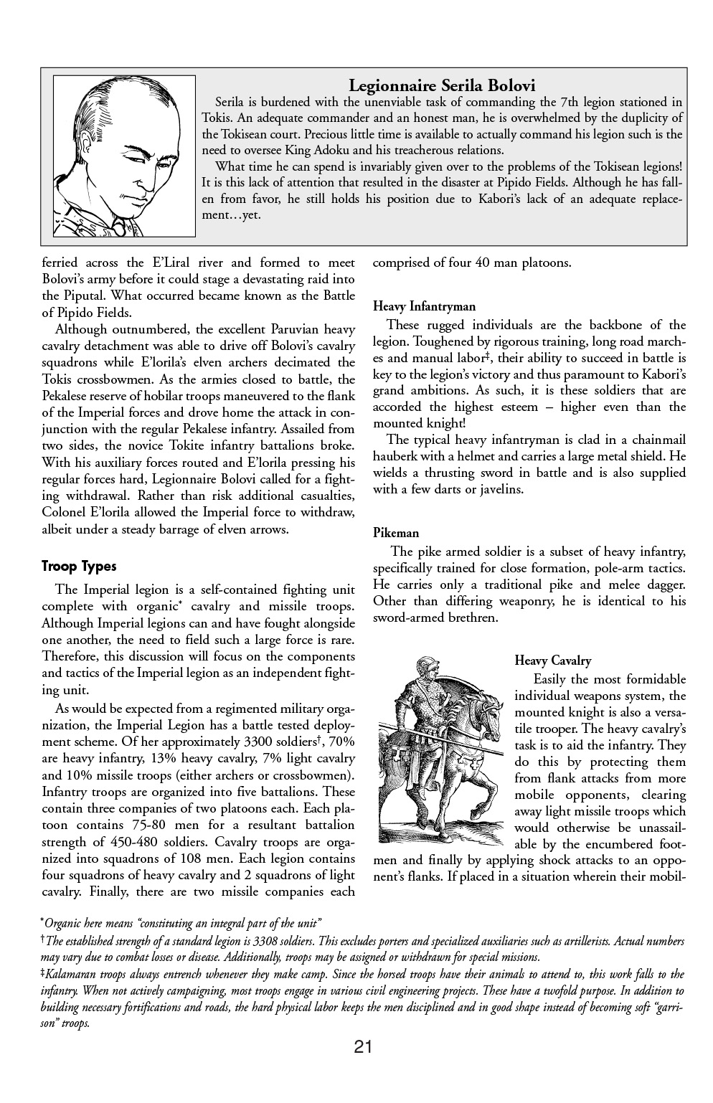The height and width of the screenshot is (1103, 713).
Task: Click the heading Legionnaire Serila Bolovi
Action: pyautogui.click(x=442, y=85)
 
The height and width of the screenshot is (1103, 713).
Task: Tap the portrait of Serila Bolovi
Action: pyautogui.click(x=124, y=156)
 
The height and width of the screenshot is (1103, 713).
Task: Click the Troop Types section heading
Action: pyautogui.click(x=79, y=567)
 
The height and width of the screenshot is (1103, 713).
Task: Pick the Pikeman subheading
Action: pyautogui.click(x=396, y=533)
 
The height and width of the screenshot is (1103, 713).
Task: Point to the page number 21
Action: pyautogui.click(x=363, y=1048)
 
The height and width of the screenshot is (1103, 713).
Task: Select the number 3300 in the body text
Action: pyautogui.click(x=259, y=742)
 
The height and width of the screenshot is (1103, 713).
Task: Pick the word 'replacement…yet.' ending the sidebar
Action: pyautogui.click(x=231, y=214)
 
